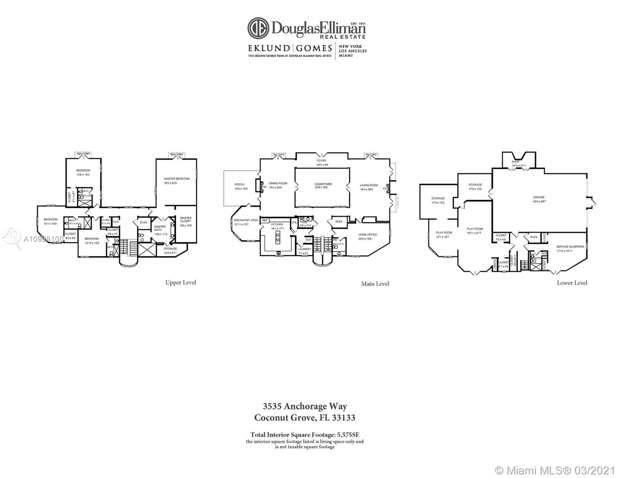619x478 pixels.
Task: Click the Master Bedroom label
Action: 176,179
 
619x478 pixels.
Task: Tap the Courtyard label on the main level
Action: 323,184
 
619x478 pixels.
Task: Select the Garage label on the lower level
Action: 538,197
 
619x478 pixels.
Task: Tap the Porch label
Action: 239,184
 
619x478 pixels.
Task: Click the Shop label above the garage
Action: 516,162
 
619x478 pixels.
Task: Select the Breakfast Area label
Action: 246,220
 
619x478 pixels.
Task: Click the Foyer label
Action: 321,161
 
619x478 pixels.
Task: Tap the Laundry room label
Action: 305,249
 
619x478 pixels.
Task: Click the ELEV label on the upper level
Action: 143,222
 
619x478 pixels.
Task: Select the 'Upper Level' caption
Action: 181,282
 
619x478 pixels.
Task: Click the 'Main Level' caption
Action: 375,284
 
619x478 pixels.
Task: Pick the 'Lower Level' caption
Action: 572,283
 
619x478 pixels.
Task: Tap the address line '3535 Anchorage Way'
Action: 305,406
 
